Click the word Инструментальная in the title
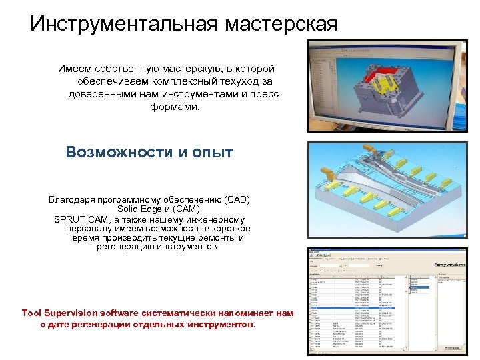123,24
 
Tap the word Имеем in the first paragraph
74,69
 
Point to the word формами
175,105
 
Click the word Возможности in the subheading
119,152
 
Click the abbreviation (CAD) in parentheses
237,199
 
